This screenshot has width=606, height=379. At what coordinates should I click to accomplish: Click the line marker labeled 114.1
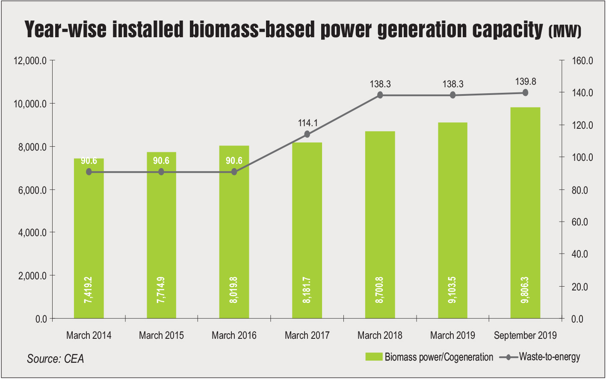click(x=307, y=134)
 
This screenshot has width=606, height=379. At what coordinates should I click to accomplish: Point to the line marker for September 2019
click(x=525, y=93)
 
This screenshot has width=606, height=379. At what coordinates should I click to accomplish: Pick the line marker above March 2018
click(x=380, y=95)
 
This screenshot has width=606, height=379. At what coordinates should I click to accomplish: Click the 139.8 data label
click(x=526, y=81)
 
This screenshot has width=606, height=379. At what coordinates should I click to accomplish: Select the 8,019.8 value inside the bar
click(x=234, y=290)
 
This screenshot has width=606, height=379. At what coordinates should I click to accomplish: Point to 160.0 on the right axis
click(x=582, y=61)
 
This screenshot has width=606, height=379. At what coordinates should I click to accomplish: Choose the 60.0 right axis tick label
click(x=580, y=222)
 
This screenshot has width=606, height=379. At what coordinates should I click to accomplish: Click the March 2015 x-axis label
click(x=161, y=335)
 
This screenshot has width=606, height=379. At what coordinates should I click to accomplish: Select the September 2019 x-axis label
click(x=525, y=335)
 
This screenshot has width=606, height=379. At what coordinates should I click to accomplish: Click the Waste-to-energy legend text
click(x=550, y=356)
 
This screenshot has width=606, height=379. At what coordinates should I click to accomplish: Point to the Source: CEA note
click(x=56, y=358)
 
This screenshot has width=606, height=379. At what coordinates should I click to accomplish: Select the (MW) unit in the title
click(x=565, y=32)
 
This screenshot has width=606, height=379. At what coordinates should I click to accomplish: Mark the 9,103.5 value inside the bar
click(x=452, y=290)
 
